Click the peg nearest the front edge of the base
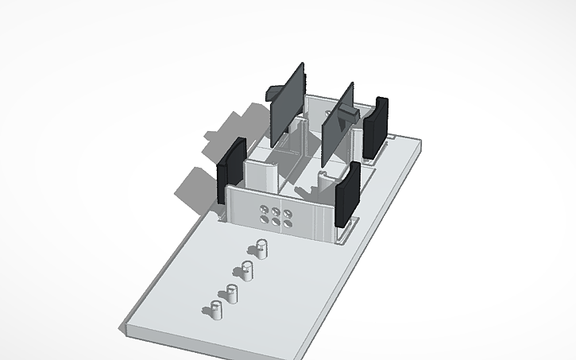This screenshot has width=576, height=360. (216, 309)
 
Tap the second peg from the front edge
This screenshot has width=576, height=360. (232, 292)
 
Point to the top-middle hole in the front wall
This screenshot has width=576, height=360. (276, 211)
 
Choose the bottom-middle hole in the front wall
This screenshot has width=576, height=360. (276, 221)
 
